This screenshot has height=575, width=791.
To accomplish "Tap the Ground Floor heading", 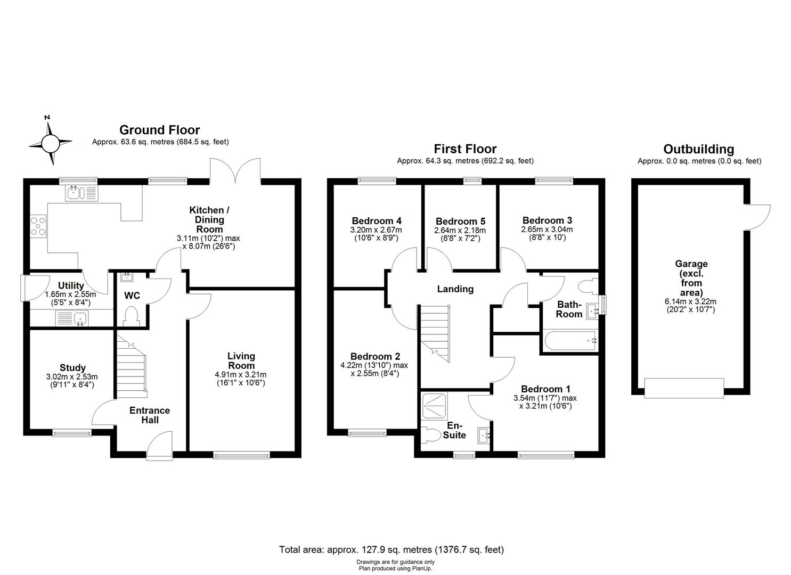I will (159, 130).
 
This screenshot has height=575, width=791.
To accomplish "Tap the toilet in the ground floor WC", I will (131, 316).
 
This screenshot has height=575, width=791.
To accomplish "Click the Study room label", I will (72, 367).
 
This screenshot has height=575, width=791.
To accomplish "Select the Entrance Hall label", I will (150, 415).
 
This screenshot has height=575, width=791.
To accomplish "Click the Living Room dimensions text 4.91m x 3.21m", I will (241, 374).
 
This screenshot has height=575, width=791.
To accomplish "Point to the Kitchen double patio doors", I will (235, 170).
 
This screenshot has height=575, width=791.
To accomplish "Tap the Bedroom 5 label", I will (460, 221).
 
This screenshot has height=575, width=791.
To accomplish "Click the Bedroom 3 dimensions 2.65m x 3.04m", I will (547, 229).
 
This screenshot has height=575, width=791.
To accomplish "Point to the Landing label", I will (455, 289).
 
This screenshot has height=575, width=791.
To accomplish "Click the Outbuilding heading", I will (698, 150).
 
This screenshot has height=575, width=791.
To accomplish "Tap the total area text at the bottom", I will (391, 549).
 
